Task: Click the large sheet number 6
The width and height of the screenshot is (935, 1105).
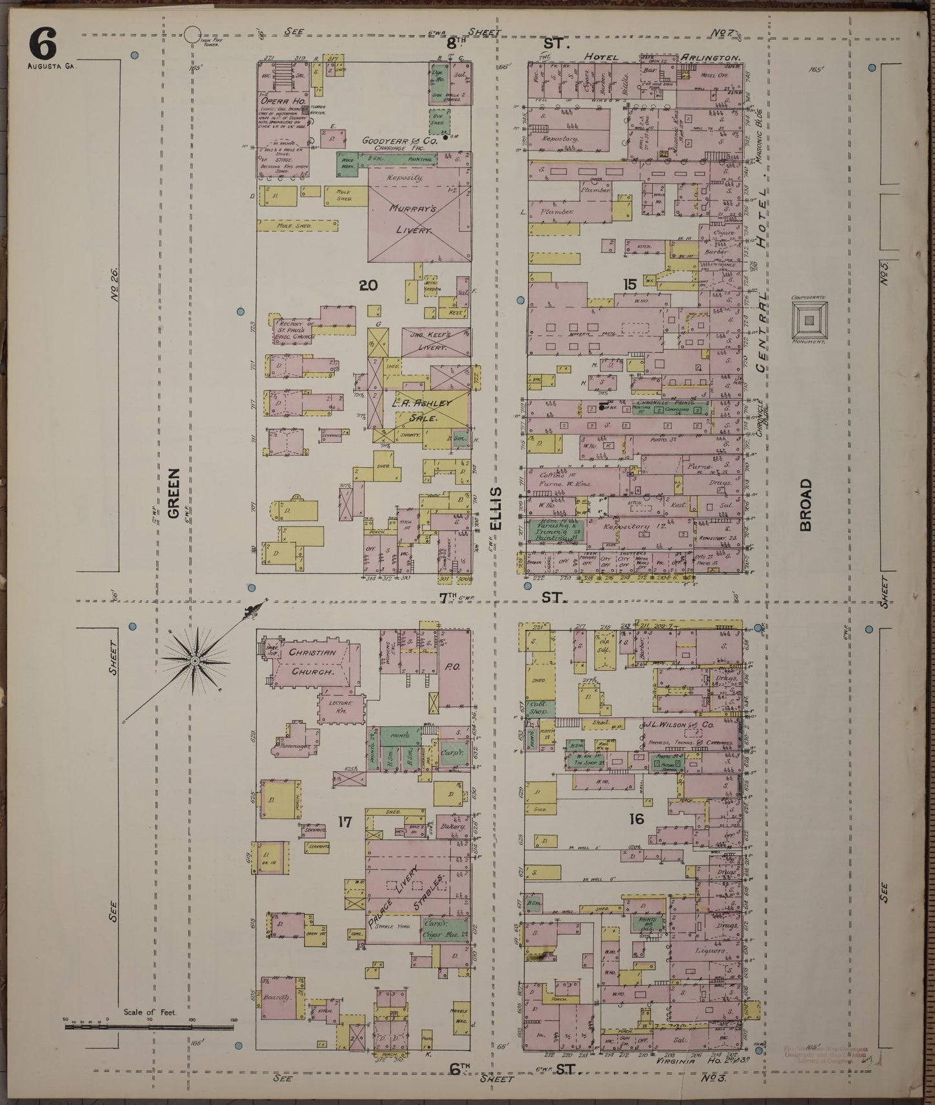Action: click(43, 45)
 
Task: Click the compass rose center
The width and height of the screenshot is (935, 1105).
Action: click(194, 660)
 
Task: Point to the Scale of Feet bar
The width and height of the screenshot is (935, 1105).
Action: click(148, 1027)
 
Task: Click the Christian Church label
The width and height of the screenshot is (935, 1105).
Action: click(313, 662)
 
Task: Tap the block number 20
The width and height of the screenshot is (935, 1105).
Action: click(368, 285)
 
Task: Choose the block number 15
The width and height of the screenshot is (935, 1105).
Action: click(629, 284)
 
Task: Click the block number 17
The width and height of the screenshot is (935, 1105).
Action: click(344, 822)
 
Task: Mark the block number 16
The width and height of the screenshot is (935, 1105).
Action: click(636, 820)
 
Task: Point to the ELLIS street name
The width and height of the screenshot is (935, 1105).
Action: click(496, 509)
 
